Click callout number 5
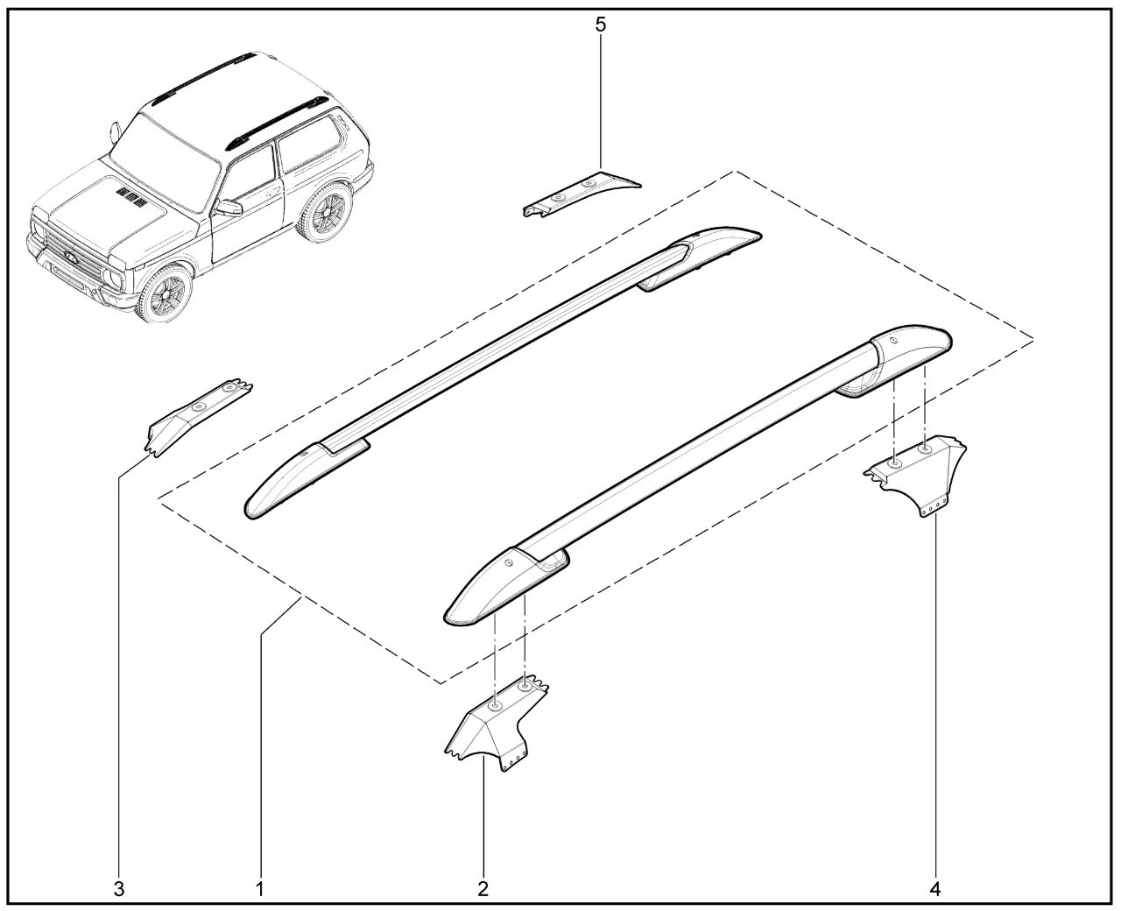pyautogui.click(x=601, y=25)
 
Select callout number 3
pyautogui.click(x=119, y=889)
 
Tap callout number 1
pyautogui.click(x=259, y=889)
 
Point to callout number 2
pyautogui.click(x=483, y=889)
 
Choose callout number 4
pyautogui.click(x=934, y=889)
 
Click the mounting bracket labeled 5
pyautogui.click(x=582, y=193)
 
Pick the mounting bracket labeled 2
pyautogui.click(x=497, y=724)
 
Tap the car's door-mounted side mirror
pyautogui.click(x=229, y=208)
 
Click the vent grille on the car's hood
pyautogui.click(x=130, y=194)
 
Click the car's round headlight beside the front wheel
pyautogui.click(x=112, y=277)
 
